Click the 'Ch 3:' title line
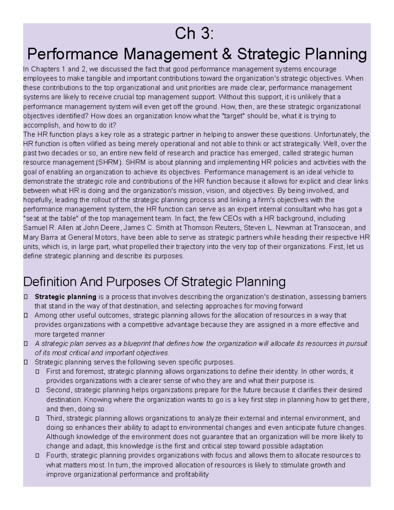[194, 34]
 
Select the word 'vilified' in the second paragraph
[98, 144]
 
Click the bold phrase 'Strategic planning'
[65, 297]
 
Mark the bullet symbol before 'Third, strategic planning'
[37, 419]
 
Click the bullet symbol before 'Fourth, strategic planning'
[37, 456]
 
